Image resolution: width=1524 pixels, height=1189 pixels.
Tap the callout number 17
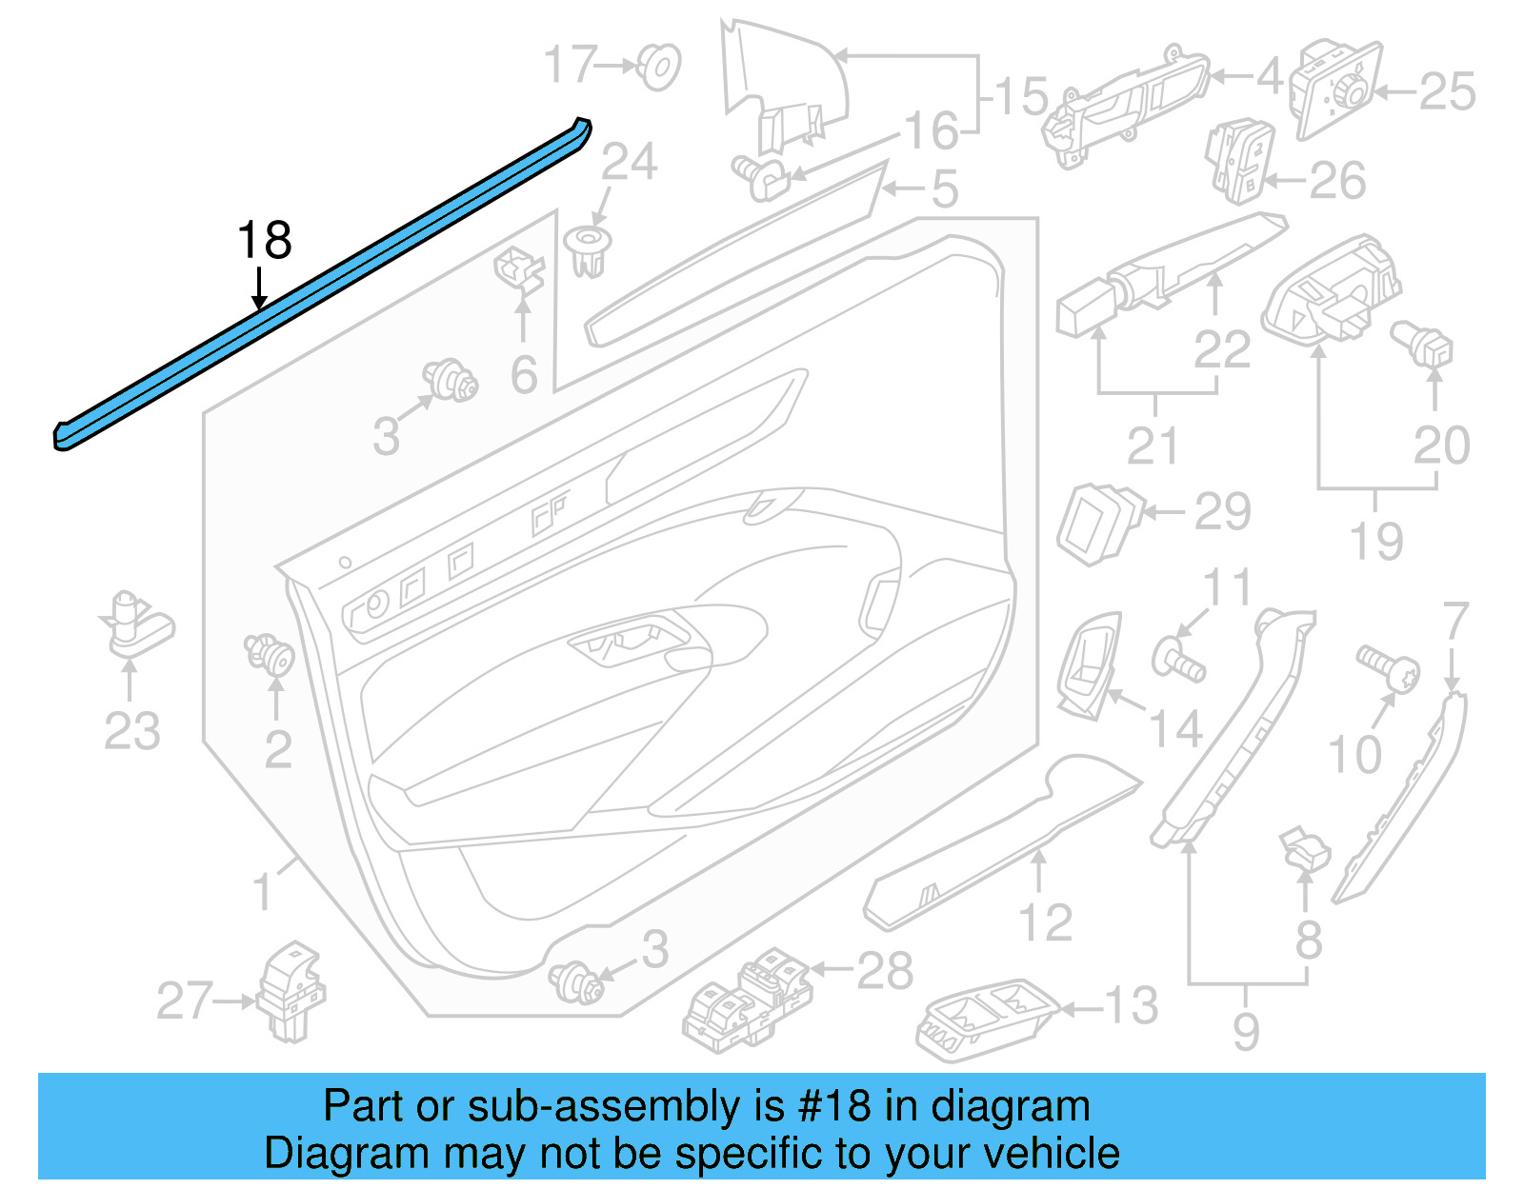570,65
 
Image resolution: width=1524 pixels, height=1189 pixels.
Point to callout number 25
1447,92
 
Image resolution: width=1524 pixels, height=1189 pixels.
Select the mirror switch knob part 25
1335,88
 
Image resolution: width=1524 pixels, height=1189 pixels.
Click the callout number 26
1337,181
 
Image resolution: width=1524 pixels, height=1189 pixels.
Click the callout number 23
131,731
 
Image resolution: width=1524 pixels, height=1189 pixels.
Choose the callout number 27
184,1001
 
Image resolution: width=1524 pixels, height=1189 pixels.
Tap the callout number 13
1131,1005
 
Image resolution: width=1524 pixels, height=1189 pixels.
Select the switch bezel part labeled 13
986,1018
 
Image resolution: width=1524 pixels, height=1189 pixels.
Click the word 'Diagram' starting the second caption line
321,1154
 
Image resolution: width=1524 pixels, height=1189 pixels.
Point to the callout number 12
1045,922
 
